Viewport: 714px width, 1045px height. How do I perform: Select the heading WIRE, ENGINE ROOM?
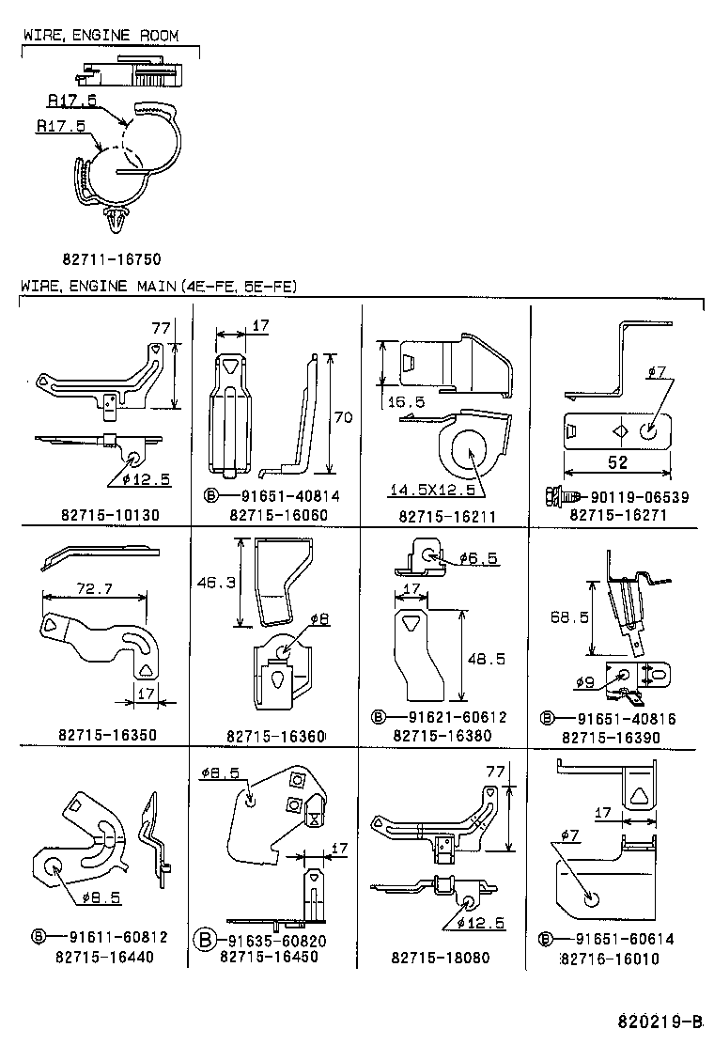99,37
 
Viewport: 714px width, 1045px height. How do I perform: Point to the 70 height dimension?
343,417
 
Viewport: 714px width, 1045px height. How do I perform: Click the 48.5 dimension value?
486,659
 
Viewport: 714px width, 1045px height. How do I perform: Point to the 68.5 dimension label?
569,618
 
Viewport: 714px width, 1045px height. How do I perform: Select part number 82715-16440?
104,957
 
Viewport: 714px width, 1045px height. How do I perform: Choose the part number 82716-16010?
610,959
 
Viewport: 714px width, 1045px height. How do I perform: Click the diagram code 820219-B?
660,1022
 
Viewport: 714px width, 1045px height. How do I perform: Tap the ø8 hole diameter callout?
320,618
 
